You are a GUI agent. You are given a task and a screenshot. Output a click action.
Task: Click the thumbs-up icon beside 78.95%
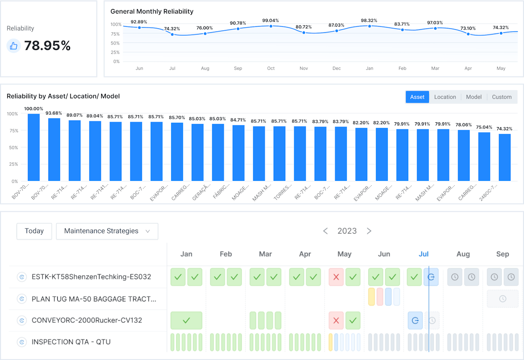tap(14, 46)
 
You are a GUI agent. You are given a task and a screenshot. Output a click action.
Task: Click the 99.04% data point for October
tap(271, 26)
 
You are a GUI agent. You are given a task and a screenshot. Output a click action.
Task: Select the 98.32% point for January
tap(369, 26)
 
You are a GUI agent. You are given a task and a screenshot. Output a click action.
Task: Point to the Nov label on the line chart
tap(304, 69)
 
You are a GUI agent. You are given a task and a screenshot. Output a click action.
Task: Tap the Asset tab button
tap(417, 97)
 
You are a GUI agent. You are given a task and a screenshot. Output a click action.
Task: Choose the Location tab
tap(445, 97)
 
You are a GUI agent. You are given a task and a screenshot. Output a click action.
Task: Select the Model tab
tap(474, 97)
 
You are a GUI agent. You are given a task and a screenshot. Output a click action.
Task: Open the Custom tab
tap(502, 97)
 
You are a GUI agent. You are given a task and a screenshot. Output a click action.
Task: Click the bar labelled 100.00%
tap(34, 147)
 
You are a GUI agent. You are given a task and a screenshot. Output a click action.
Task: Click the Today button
tap(34, 231)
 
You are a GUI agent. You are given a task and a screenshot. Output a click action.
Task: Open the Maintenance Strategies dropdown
tap(107, 231)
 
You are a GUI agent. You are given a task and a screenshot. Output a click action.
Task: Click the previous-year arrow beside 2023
tap(325, 231)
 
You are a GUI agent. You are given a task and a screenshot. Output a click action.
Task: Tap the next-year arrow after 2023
tap(369, 231)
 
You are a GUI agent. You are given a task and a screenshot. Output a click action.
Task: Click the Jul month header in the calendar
tap(424, 254)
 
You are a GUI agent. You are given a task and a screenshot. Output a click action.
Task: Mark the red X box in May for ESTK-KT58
tap(336, 277)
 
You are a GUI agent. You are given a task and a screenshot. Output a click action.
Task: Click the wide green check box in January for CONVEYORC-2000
tap(186, 320)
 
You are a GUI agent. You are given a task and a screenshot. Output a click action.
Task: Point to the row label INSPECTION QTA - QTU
tap(71, 342)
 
